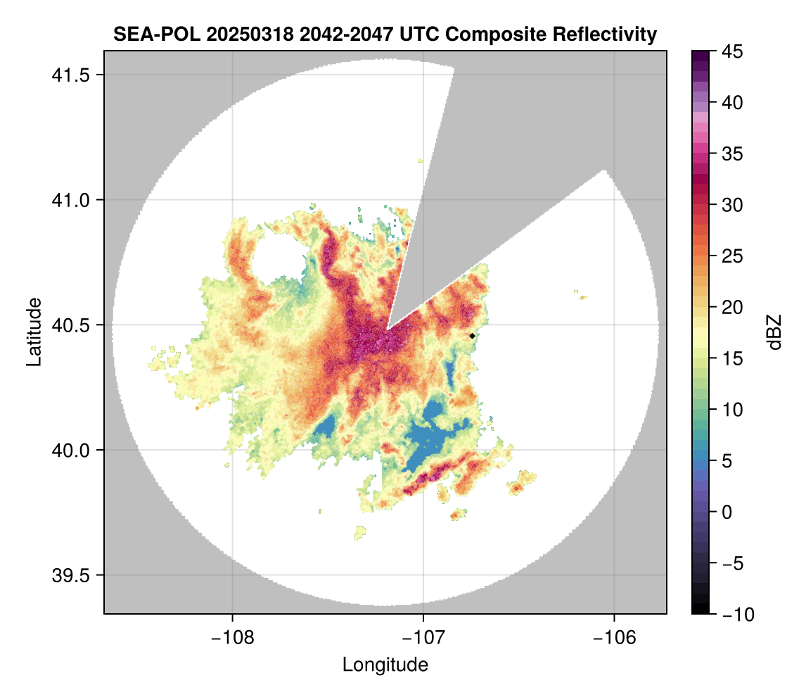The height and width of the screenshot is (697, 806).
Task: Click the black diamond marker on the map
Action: (x=472, y=336)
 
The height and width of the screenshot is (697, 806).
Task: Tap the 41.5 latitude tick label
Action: (x=70, y=75)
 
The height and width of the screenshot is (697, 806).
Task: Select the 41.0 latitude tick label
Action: (x=70, y=200)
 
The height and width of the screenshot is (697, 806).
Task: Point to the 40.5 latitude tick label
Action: (x=70, y=325)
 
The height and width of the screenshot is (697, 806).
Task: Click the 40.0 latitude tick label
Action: (x=70, y=450)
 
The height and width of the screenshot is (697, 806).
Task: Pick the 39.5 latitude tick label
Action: (x=70, y=575)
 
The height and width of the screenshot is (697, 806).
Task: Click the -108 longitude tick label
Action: (x=232, y=638)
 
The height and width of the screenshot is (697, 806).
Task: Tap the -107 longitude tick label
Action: (x=423, y=638)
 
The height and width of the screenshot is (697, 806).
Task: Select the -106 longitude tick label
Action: (x=615, y=638)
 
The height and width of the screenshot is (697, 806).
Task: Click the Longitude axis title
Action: (x=385, y=665)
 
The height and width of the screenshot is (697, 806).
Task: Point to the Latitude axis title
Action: (x=34, y=332)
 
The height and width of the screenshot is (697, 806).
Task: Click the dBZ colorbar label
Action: (x=774, y=332)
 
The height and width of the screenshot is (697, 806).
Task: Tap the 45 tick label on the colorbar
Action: (x=732, y=51)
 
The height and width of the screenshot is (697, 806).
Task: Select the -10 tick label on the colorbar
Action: (x=738, y=614)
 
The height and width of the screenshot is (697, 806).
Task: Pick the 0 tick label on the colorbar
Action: (x=727, y=512)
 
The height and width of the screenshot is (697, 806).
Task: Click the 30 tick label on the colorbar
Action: (x=732, y=205)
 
